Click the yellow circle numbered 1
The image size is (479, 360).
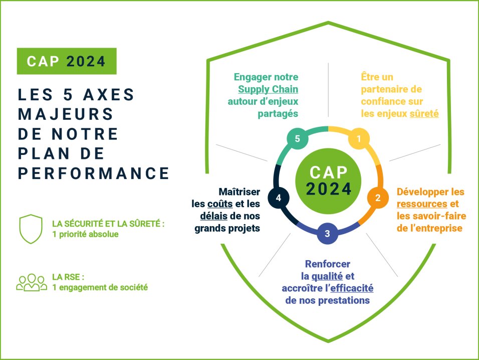[x=358, y=139]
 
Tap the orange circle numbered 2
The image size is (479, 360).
[x=378, y=198]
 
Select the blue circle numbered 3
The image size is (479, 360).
[x=327, y=233]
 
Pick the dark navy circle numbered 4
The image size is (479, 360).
[x=278, y=198]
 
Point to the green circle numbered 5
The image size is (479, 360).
[x=297, y=139]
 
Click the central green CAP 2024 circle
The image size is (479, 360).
[x=328, y=181]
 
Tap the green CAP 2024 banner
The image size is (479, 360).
[x=67, y=61]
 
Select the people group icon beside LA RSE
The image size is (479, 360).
[x=31, y=282]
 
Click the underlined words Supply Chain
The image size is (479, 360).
[x=268, y=90]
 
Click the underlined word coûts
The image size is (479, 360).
[x=216, y=205]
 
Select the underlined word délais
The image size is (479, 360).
[x=209, y=217]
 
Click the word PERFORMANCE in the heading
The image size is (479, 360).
[x=94, y=173]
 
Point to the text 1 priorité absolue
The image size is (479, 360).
[x=85, y=234]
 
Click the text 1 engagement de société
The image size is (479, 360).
[x=100, y=288]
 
